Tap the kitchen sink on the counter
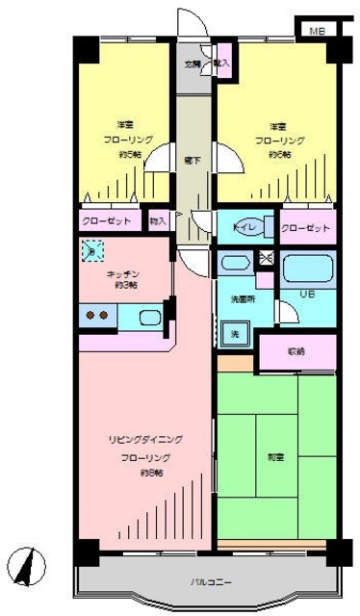[149, 316]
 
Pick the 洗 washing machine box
[233, 334]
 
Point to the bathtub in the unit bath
[307, 266]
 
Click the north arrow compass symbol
[30, 563]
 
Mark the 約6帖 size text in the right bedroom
[280, 154]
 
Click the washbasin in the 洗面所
[231, 262]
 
